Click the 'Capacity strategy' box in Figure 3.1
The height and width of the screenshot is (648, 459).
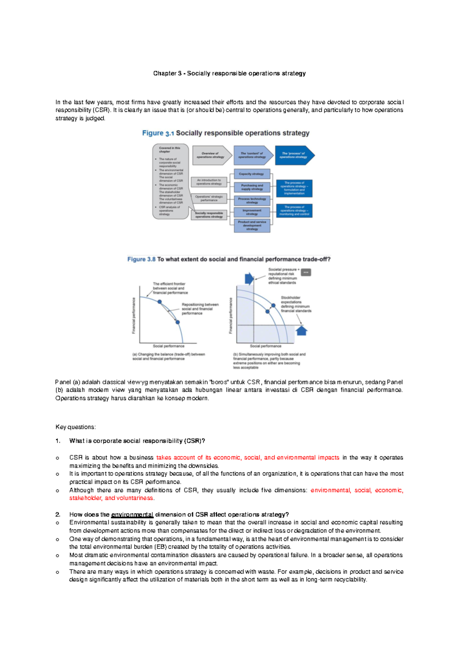click(252, 174)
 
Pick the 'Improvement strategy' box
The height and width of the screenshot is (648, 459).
click(252, 212)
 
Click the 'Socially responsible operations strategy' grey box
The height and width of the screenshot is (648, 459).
click(209, 215)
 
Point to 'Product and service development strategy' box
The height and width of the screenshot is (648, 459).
click(252, 225)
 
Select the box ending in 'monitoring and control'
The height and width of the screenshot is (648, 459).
click(294, 211)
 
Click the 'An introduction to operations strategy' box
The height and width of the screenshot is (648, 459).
click(209, 182)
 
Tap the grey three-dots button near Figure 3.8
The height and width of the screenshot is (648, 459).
click(306, 272)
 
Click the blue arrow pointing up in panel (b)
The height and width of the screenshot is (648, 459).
click(302, 330)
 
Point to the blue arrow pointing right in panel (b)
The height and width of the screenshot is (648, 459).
click(249, 279)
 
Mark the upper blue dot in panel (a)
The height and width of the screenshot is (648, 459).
click(160, 302)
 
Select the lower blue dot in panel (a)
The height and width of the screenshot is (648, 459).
click(177, 322)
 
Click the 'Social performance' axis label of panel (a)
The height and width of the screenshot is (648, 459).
click(169, 346)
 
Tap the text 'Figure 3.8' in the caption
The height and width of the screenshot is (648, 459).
click(141, 259)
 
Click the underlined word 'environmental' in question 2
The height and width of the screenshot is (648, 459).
click(132, 515)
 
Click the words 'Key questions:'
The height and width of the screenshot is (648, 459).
click(75, 427)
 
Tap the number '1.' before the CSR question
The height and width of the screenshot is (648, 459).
click(58, 441)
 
